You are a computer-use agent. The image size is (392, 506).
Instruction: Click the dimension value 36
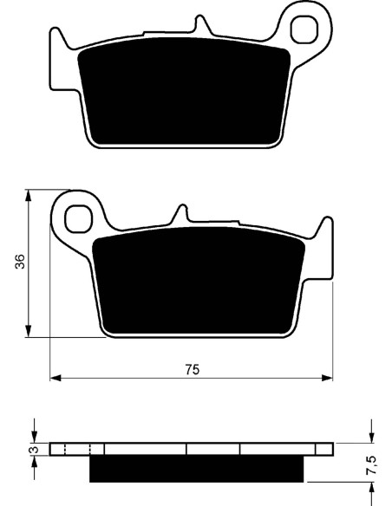(20, 262)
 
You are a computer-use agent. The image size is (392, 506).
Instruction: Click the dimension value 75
(193, 369)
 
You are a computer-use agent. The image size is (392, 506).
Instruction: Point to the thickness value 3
(36, 449)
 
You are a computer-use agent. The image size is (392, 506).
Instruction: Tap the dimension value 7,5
(371, 465)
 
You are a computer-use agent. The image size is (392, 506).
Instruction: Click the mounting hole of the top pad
(304, 29)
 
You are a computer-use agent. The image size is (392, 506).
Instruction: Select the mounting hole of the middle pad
(78, 219)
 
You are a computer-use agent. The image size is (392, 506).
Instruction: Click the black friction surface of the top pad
(184, 91)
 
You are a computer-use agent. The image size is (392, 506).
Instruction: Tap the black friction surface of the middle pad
(199, 281)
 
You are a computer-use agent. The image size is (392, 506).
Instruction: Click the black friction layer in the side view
(196, 468)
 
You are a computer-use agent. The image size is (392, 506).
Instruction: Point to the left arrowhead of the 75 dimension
(56, 378)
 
